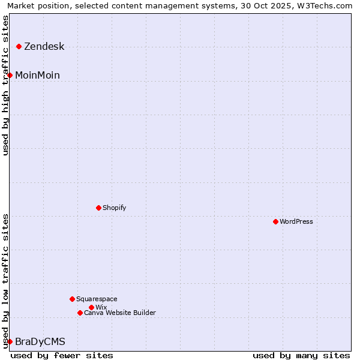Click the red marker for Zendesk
[19, 46]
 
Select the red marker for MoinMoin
[10, 75]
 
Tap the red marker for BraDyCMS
[10, 341]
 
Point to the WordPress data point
[275, 221]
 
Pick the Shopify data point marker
[98, 208]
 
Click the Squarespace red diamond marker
[72, 299]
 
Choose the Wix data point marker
[91, 307]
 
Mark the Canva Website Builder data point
[80, 313]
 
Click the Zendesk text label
[44, 46]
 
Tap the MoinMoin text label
[37, 75]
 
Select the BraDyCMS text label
[40, 341]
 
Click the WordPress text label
[296, 221]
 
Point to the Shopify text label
[115, 208]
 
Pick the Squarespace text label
[97, 299]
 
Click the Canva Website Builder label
[120, 313]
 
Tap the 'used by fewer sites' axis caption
[62, 355]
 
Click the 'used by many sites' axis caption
[301, 355]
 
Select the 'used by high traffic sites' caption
[6, 85]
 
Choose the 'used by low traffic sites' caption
[6, 280]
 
